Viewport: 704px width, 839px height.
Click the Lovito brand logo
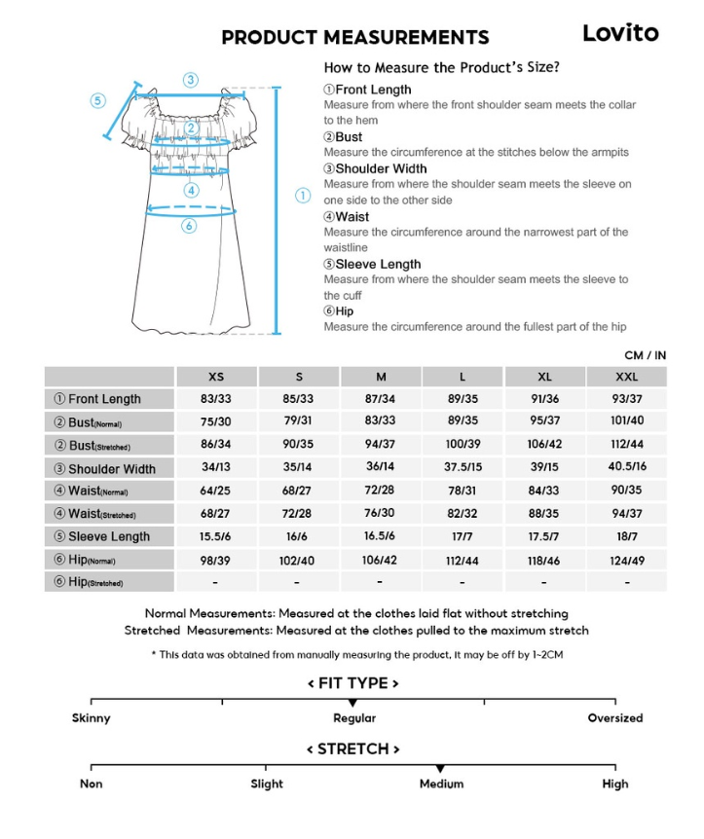(x=620, y=33)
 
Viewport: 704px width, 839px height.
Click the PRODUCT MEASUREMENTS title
(x=354, y=38)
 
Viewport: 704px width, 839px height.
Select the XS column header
(x=215, y=377)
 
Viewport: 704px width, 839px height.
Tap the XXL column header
(x=627, y=377)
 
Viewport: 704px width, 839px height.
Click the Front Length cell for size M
(x=380, y=399)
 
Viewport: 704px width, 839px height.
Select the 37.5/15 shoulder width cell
(x=463, y=468)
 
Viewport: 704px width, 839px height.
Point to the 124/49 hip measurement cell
(x=627, y=560)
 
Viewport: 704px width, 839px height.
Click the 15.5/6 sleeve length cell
(x=215, y=536)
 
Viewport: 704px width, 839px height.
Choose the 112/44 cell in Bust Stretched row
(x=627, y=445)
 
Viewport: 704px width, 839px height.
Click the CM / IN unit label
(x=645, y=355)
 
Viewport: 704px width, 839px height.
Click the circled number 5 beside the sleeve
(x=98, y=100)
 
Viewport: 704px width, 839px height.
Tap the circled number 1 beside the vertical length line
(x=303, y=196)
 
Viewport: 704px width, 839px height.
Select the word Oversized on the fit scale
(x=614, y=718)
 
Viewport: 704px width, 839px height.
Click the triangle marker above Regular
(x=352, y=703)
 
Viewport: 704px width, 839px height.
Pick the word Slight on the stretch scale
(x=267, y=784)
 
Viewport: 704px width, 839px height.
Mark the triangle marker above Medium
(x=440, y=769)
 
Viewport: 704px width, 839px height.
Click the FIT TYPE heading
(x=352, y=683)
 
